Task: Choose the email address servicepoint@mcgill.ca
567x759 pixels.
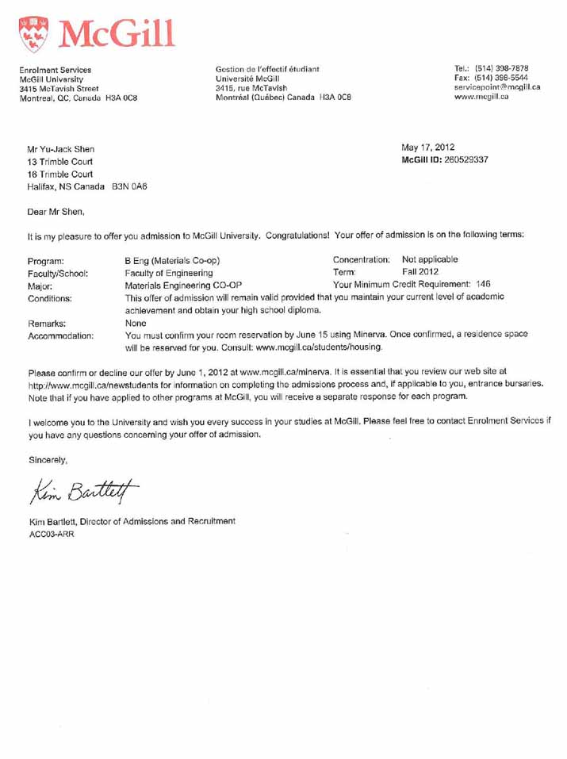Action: tap(496, 87)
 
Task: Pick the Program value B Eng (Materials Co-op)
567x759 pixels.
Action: tap(172, 260)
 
